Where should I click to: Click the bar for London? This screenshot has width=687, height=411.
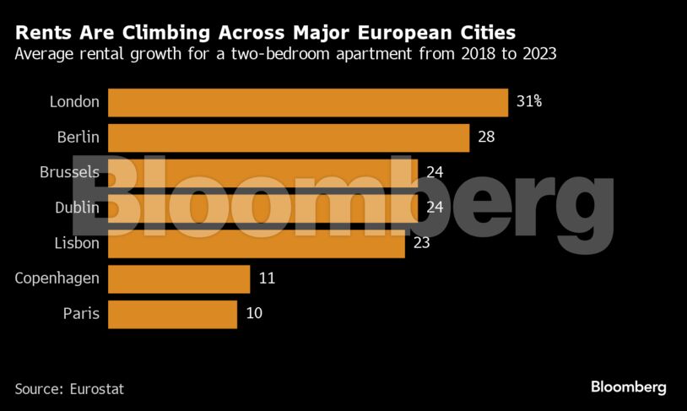(x=307, y=102)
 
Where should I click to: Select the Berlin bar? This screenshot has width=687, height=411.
(x=288, y=138)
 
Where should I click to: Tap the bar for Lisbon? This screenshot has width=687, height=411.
(x=256, y=243)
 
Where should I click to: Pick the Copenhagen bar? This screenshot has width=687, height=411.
(x=179, y=279)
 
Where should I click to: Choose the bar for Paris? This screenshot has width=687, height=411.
(x=172, y=314)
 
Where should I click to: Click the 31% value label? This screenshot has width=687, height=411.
(x=528, y=102)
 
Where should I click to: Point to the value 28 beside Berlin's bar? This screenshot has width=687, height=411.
(x=486, y=138)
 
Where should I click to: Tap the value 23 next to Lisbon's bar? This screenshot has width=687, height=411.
(x=421, y=243)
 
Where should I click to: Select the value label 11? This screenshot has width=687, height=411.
(x=267, y=279)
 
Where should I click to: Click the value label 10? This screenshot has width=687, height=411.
(x=254, y=314)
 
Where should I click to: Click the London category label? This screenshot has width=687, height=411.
(x=74, y=102)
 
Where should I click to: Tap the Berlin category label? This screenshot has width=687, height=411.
(x=78, y=138)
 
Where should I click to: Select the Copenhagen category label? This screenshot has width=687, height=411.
(x=57, y=279)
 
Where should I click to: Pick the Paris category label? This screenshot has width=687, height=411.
(x=81, y=314)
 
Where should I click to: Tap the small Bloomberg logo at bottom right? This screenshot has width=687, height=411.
(x=628, y=387)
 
